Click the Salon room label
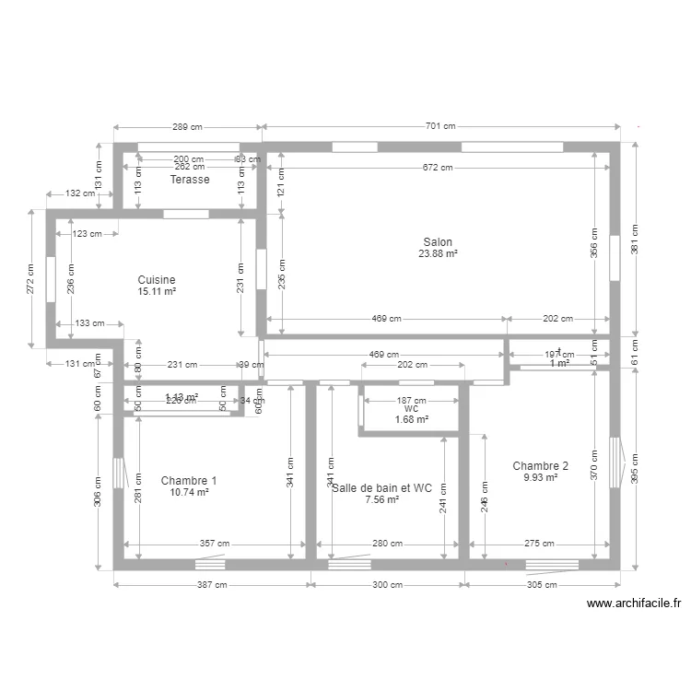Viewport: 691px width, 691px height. pyautogui.click(x=438, y=242)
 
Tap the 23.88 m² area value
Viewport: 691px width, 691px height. pyautogui.click(x=438, y=253)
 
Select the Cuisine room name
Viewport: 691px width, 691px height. pyautogui.click(x=157, y=280)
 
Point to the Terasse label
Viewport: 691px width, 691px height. pyautogui.click(x=189, y=180)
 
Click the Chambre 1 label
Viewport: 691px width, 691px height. pyautogui.click(x=189, y=481)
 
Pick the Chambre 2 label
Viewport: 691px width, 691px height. pyautogui.click(x=540, y=466)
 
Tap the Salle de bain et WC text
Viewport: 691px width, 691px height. pyautogui.click(x=381, y=488)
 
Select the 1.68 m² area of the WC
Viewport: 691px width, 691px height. pyautogui.click(x=412, y=420)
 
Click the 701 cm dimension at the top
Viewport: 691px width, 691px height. pyautogui.click(x=440, y=126)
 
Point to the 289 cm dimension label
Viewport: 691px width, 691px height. pyautogui.click(x=188, y=126)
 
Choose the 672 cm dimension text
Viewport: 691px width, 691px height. pyautogui.click(x=438, y=168)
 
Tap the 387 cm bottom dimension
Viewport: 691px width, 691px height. pyautogui.click(x=211, y=584)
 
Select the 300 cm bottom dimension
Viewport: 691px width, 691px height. pyautogui.click(x=387, y=584)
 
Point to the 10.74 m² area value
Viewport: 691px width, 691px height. pyautogui.click(x=189, y=493)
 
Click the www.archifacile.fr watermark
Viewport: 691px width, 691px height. pyautogui.click(x=633, y=604)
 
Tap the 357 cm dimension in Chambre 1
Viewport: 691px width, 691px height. pyautogui.click(x=215, y=544)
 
